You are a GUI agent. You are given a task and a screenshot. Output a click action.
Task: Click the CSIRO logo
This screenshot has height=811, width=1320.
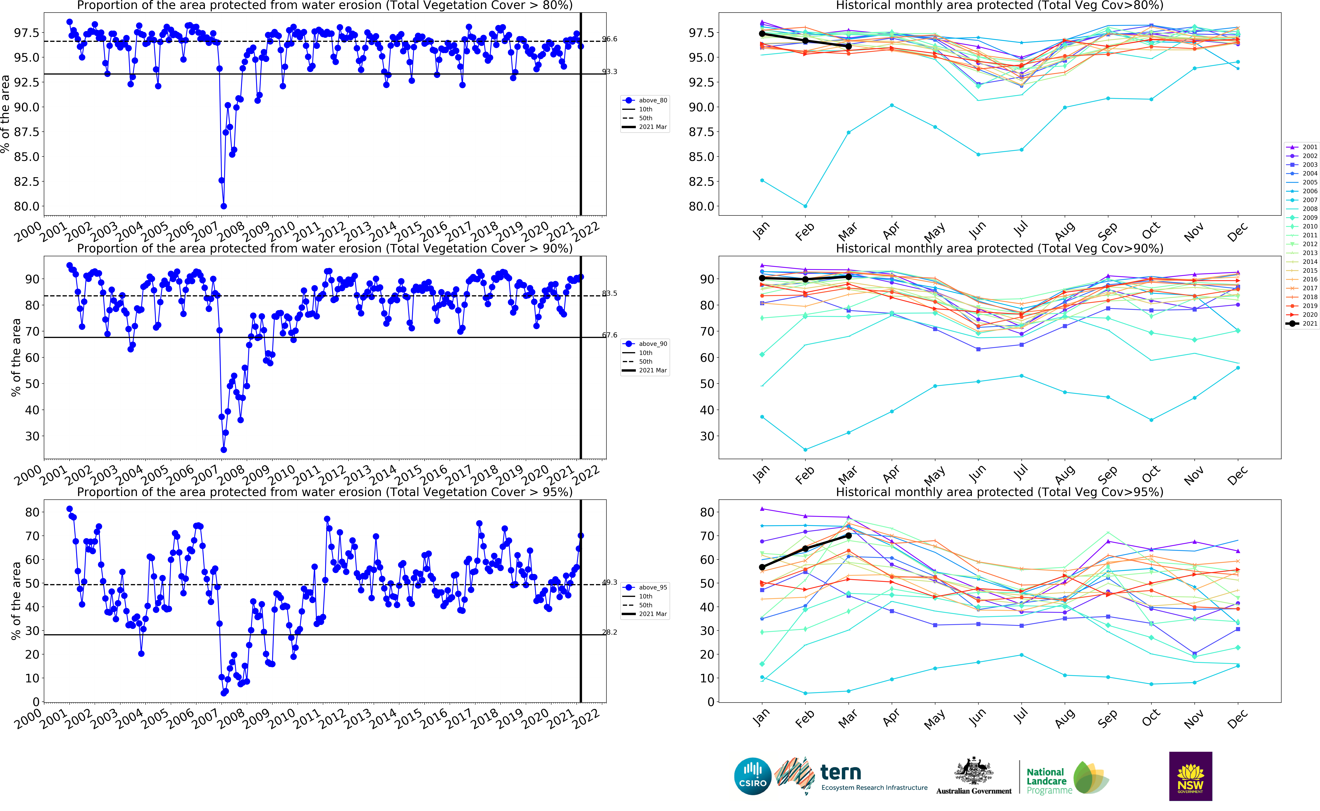[753, 776]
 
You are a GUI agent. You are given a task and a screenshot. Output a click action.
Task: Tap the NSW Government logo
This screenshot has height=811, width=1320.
[1190, 776]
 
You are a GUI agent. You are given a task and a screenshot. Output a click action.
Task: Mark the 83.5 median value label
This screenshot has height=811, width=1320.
[610, 293]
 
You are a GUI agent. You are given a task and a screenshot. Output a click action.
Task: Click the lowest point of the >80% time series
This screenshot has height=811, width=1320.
[224, 206]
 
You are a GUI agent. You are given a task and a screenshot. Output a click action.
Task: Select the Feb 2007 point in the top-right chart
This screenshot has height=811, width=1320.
[805, 206]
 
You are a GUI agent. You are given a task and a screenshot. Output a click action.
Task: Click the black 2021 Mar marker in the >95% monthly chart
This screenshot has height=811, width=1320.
[849, 535]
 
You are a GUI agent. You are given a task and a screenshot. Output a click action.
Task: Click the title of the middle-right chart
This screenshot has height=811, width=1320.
[999, 248]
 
